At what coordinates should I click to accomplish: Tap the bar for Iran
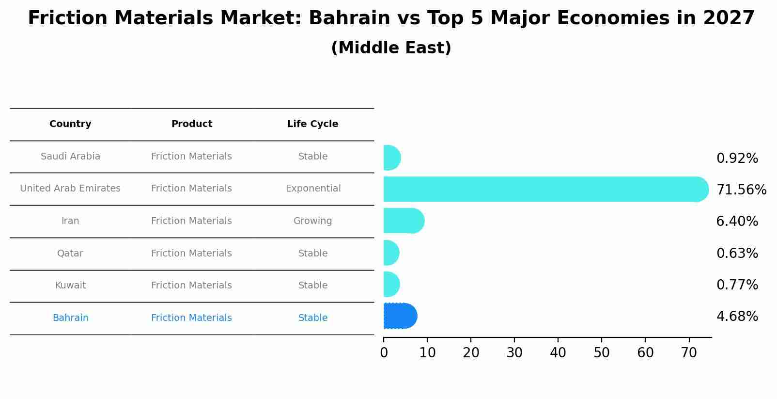(404, 221)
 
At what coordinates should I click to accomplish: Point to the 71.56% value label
(741, 190)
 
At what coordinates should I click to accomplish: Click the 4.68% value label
(737, 317)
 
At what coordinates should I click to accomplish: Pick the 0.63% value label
(737, 253)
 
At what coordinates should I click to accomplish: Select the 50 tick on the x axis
(602, 352)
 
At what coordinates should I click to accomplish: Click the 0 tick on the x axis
(384, 352)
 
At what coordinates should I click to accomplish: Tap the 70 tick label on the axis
(689, 352)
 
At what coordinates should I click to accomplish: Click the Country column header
(70, 124)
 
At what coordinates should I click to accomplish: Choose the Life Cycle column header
(312, 124)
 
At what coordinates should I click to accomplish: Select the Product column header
(191, 124)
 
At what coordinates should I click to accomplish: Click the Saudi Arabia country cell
(70, 157)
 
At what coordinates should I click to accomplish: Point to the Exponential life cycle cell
(313, 189)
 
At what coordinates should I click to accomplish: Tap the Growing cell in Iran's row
(312, 221)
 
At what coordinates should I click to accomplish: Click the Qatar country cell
(70, 253)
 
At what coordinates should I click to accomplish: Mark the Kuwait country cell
(70, 286)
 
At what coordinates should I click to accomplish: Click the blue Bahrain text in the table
(70, 318)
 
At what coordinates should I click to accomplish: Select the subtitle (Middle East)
(391, 48)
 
